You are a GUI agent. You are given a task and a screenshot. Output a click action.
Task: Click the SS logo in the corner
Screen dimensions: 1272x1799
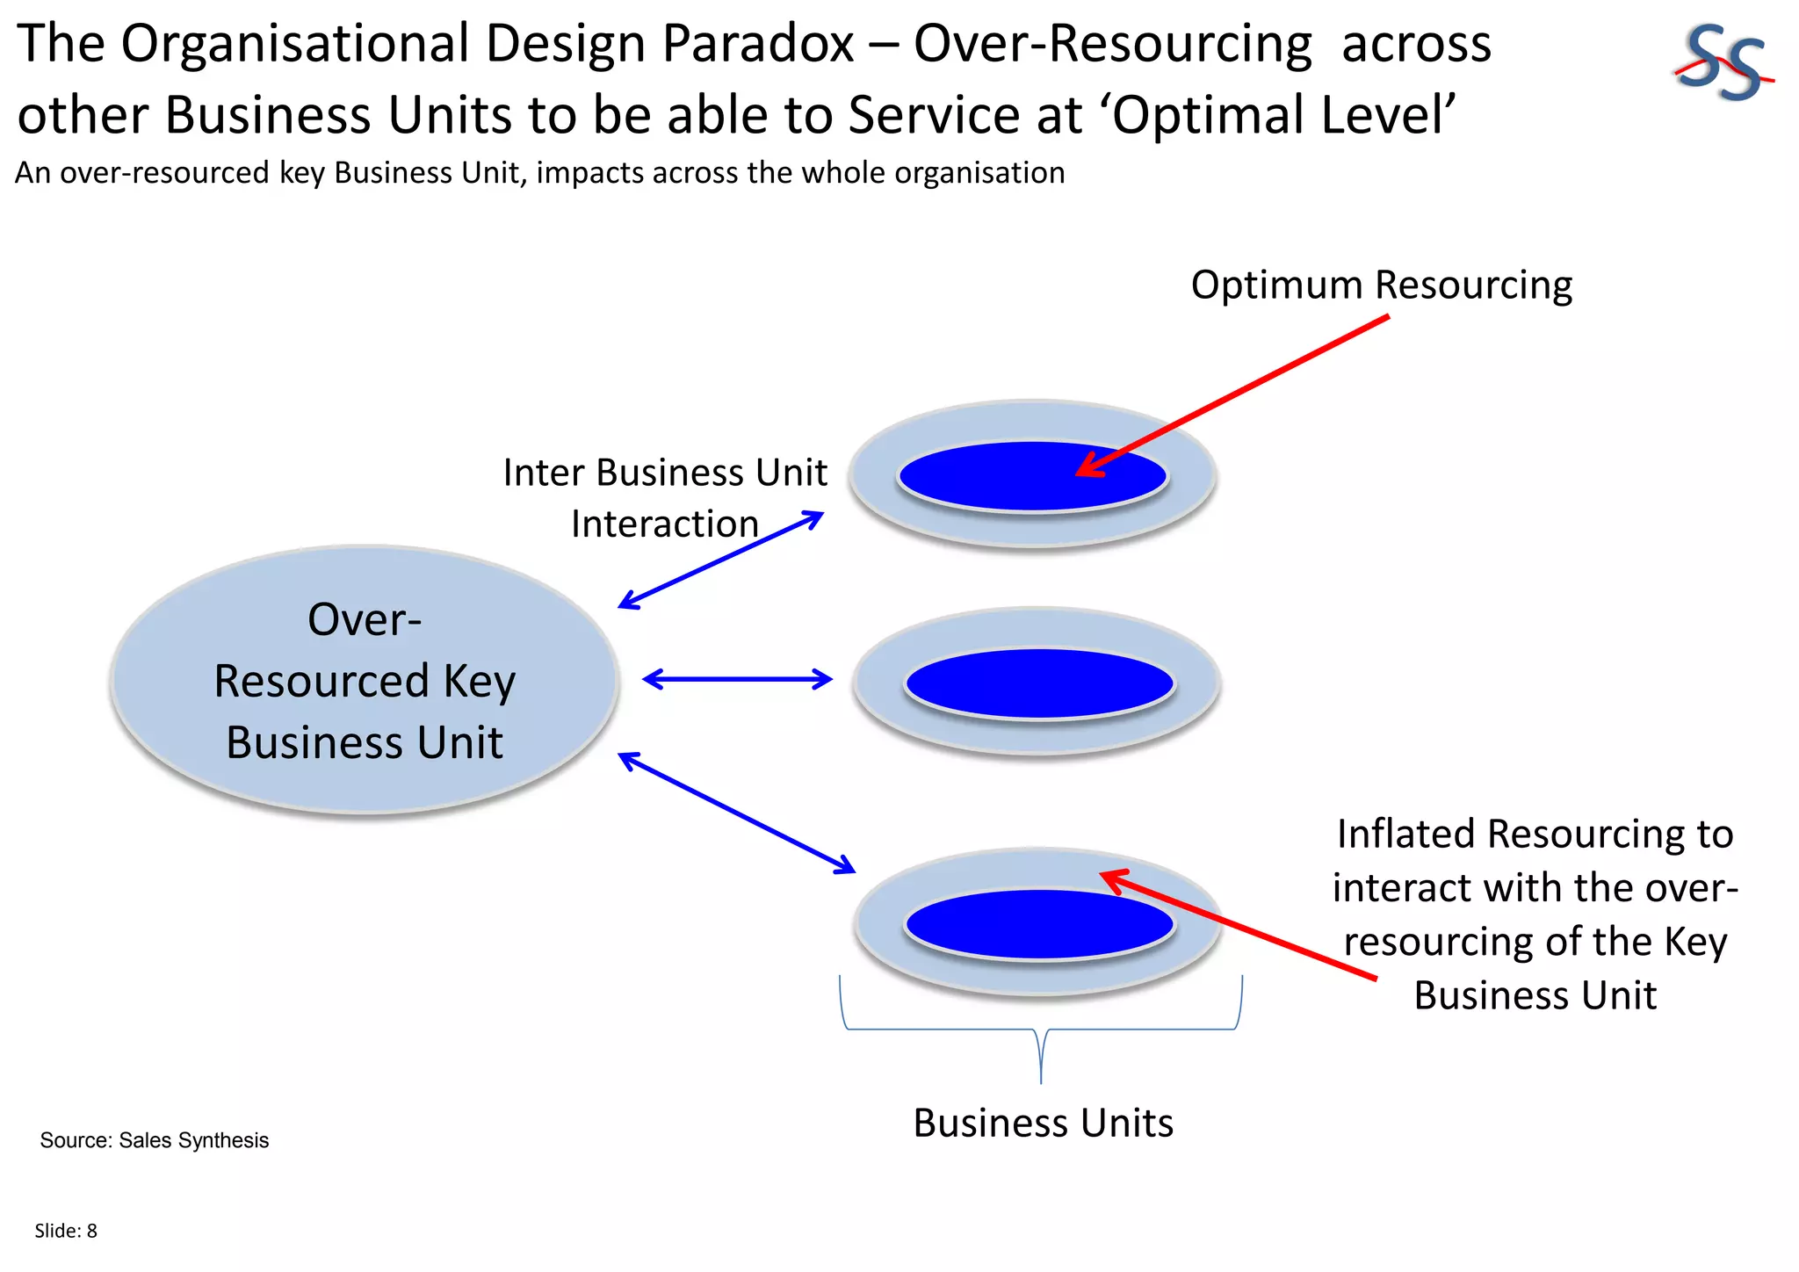[x=1722, y=63]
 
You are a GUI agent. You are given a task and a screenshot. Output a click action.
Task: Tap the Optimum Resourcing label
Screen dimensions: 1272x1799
[x=1381, y=285]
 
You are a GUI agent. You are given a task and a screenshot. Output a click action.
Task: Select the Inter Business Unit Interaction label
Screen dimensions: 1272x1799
[x=664, y=497]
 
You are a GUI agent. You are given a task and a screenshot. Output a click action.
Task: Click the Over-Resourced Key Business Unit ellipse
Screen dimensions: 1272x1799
[x=364, y=680]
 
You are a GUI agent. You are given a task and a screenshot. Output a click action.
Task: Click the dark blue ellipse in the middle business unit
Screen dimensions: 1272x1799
[x=1039, y=683]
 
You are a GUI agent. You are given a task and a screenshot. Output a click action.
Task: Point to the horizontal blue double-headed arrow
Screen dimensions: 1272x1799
[x=737, y=679]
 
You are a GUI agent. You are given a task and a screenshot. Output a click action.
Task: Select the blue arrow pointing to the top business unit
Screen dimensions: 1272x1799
[x=720, y=560]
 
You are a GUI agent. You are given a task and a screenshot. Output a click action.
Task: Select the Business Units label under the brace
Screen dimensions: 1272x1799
[x=1043, y=1124]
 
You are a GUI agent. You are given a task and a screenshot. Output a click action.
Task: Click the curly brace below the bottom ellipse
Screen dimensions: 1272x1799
[x=1041, y=1030]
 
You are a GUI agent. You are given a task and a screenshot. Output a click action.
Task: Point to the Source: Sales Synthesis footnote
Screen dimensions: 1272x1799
[x=154, y=1140]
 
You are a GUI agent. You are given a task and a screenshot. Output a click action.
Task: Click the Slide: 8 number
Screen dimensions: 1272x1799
[x=66, y=1231]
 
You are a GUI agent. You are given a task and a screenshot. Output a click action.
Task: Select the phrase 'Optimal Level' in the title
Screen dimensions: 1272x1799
[x=1284, y=115]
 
